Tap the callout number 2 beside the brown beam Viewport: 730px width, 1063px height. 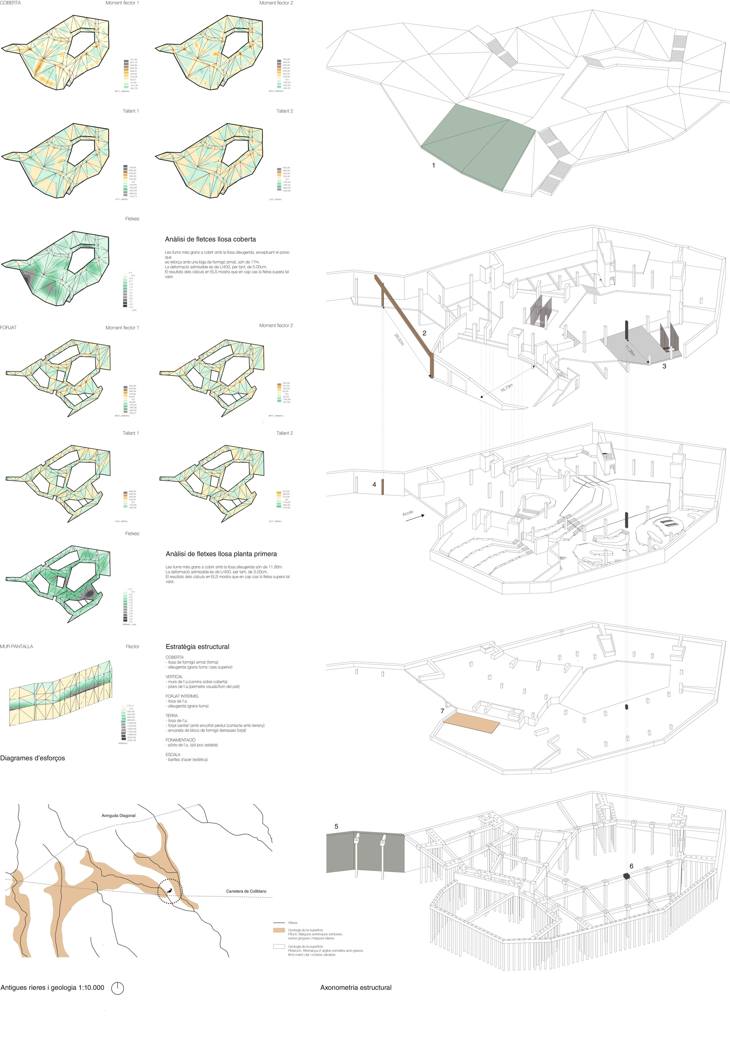424,333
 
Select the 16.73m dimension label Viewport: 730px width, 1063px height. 506,387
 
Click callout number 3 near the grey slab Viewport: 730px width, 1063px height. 664,366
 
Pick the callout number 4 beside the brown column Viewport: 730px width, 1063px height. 374,484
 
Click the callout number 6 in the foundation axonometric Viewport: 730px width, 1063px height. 631,866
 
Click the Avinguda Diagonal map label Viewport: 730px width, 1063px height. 119,816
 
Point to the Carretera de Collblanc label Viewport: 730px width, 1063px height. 246,891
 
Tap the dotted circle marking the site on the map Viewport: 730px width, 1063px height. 170,891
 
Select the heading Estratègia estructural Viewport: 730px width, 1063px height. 197,647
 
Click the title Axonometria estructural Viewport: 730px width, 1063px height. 356,987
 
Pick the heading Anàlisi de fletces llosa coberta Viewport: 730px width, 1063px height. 210,239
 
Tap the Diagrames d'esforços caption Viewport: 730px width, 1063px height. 32,758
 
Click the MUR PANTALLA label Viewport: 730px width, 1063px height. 16,646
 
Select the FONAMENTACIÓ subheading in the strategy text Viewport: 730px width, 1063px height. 180,740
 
